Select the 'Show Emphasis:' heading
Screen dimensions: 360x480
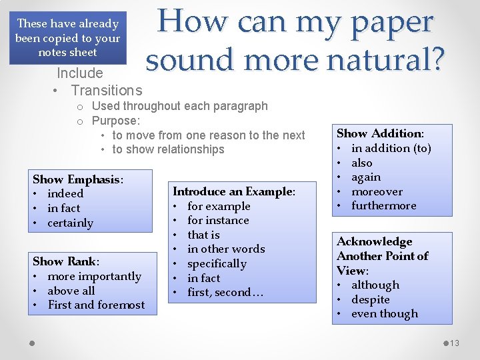(78, 179)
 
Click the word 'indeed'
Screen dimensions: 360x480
(65, 194)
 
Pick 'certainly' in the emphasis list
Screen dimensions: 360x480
(70, 223)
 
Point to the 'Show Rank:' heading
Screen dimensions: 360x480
(66, 261)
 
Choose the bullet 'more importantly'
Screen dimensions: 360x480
(94, 276)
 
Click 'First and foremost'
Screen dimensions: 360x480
(96, 305)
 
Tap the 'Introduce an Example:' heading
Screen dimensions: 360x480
(233, 191)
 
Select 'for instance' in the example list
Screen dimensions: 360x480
(218, 220)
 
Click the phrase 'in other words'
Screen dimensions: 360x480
(226, 249)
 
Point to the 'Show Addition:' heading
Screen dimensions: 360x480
(380, 133)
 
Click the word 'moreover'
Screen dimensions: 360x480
(377, 191)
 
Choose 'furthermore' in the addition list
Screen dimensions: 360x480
(383, 205)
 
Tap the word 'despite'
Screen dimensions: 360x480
(370, 299)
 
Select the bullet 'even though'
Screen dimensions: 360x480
(384, 313)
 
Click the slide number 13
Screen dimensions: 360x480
(455, 343)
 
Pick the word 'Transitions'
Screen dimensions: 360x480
(107, 90)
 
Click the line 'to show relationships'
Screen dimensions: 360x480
(168, 149)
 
